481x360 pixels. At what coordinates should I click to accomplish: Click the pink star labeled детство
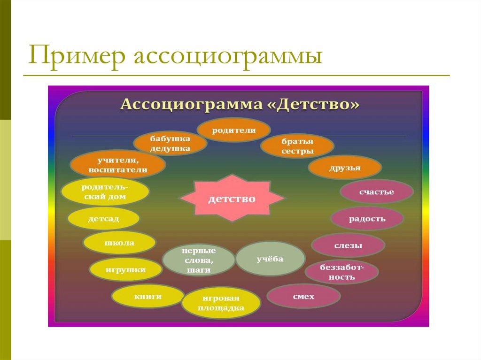233,199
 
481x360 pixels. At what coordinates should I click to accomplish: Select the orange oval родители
233,130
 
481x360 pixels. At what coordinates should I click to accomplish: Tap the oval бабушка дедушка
170,144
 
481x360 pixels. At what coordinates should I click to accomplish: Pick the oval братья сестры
297,146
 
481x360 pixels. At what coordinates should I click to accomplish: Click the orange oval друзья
345,168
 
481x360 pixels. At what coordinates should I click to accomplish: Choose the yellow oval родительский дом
105,192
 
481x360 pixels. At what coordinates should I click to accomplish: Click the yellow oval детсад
103,219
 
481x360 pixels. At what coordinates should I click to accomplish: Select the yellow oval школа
119,243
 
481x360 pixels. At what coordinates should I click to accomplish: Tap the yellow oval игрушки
126,269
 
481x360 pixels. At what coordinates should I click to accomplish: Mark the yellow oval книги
147,296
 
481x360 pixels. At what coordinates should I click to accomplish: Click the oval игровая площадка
220,303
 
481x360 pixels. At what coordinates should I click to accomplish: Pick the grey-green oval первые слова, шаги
198,260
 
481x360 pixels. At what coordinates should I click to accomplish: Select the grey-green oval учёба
270,259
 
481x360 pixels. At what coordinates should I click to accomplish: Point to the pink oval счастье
376,191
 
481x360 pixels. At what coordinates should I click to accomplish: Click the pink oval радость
367,218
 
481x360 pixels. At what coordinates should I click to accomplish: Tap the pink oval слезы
348,245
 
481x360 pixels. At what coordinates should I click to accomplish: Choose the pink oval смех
303,296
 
